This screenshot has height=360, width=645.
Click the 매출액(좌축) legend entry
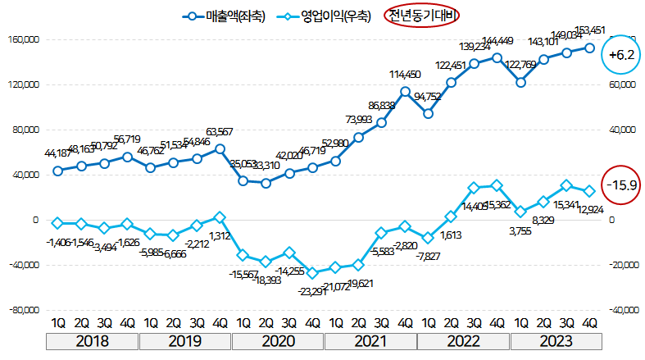click(225, 16)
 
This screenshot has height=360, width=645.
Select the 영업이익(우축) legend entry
click(325, 16)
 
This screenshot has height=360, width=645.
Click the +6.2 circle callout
click(619, 55)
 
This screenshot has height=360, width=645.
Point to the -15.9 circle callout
click(619, 185)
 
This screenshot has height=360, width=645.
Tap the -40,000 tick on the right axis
click(625, 310)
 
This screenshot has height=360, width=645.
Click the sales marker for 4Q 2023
click(589, 48)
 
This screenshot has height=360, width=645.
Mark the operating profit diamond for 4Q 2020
click(312, 273)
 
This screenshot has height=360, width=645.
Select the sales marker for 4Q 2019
click(220, 148)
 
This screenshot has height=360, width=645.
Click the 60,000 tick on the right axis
click(625, 84)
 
